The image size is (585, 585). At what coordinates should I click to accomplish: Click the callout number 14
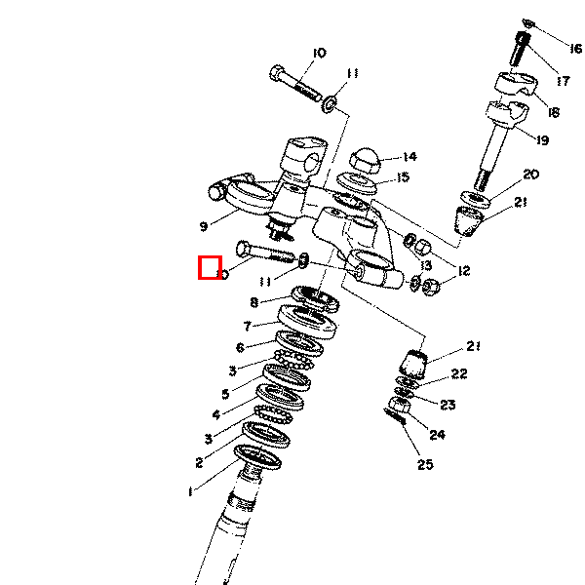409,157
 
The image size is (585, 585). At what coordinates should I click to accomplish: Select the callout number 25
425,464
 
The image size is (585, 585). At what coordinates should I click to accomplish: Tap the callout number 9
204,226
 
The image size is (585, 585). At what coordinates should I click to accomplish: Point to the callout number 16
576,49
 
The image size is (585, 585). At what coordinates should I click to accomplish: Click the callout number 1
191,491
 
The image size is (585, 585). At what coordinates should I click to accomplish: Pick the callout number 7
247,326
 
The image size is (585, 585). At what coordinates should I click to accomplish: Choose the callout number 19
543,140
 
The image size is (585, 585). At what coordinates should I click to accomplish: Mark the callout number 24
437,435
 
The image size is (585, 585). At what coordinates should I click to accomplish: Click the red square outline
210,267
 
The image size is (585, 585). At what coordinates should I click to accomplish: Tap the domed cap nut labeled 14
365,161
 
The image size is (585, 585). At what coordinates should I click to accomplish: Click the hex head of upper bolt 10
277,73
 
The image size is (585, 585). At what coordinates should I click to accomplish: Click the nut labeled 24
400,405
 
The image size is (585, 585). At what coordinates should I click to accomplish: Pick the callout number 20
531,175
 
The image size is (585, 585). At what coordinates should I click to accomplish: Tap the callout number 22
459,373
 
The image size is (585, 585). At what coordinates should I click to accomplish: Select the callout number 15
404,176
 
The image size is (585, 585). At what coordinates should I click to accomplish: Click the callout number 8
254,302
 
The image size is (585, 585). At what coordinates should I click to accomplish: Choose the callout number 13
426,265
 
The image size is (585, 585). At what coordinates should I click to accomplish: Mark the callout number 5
225,394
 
